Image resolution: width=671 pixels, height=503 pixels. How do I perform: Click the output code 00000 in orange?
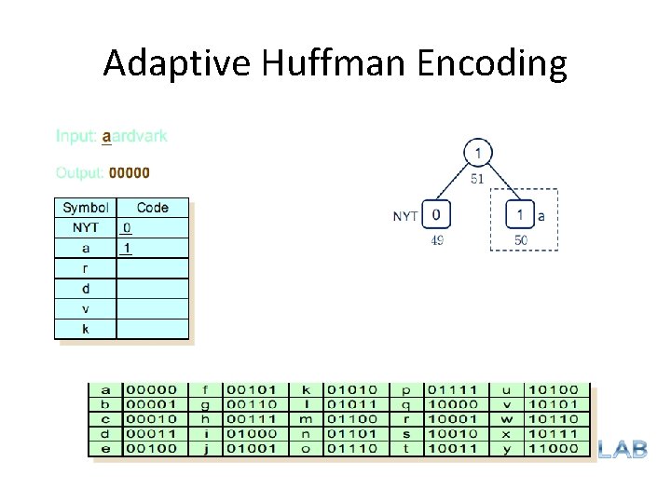130,172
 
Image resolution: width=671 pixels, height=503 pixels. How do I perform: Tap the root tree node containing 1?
477,153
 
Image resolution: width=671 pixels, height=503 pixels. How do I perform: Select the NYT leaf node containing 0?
437,216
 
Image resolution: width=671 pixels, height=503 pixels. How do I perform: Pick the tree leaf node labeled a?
520,216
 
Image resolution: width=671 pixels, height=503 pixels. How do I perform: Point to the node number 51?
476,179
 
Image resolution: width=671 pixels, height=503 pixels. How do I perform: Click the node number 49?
436,240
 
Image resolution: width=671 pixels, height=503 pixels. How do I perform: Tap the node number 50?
522,240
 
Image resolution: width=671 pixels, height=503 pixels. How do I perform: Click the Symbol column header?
85,208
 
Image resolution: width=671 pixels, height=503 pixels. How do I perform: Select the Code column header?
152,208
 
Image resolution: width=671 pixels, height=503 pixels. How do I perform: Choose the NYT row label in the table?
86,227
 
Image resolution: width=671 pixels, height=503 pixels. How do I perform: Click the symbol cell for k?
86,329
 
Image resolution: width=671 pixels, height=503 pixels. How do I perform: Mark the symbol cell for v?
86,308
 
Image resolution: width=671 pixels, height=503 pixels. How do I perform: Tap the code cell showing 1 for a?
127,248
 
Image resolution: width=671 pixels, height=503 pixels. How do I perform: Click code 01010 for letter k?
347,389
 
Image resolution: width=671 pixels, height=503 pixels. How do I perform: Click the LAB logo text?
622,449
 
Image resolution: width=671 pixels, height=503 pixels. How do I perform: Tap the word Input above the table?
75,136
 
